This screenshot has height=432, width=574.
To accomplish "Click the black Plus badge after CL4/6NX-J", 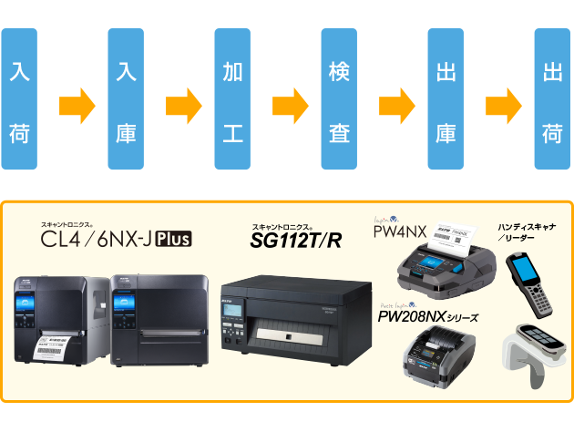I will pyautogui.click(x=173, y=241).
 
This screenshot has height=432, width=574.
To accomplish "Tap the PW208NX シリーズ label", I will pyautogui.click(x=428, y=317).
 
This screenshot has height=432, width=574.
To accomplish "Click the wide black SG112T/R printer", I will pyautogui.click(x=289, y=310).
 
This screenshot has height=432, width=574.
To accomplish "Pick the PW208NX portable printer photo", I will pyautogui.click(x=437, y=358).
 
